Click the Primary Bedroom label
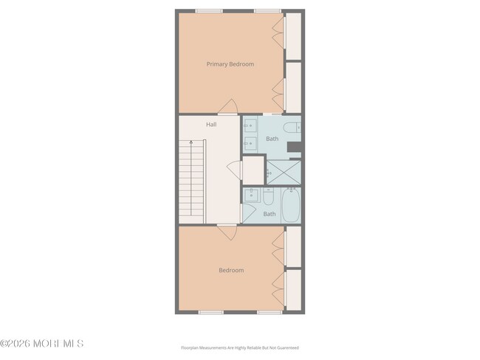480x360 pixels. point(230,64)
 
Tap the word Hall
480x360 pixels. point(211,125)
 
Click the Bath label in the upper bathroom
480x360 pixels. point(272,139)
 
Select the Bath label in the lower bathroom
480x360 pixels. point(270,214)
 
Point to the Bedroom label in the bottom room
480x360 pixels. point(230,270)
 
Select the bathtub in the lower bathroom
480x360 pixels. point(291,205)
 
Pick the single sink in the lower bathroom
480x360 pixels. point(252,196)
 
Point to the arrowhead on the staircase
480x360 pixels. point(189,140)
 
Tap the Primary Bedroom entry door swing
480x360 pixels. point(228,108)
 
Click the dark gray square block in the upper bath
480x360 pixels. point(294,147)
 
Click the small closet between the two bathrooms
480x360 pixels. point(253,170)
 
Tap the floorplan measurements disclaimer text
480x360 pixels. point(239,347)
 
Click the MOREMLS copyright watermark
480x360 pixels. point(42,344)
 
